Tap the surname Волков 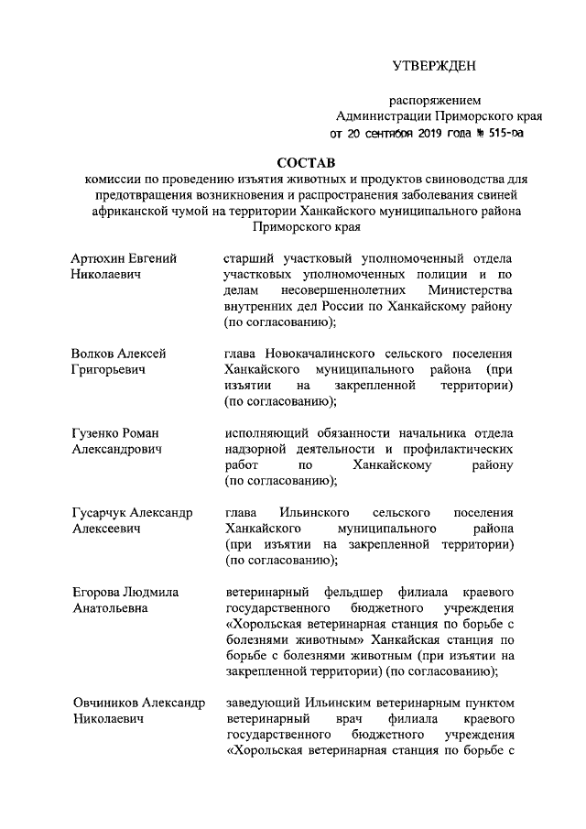pos(93,354)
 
